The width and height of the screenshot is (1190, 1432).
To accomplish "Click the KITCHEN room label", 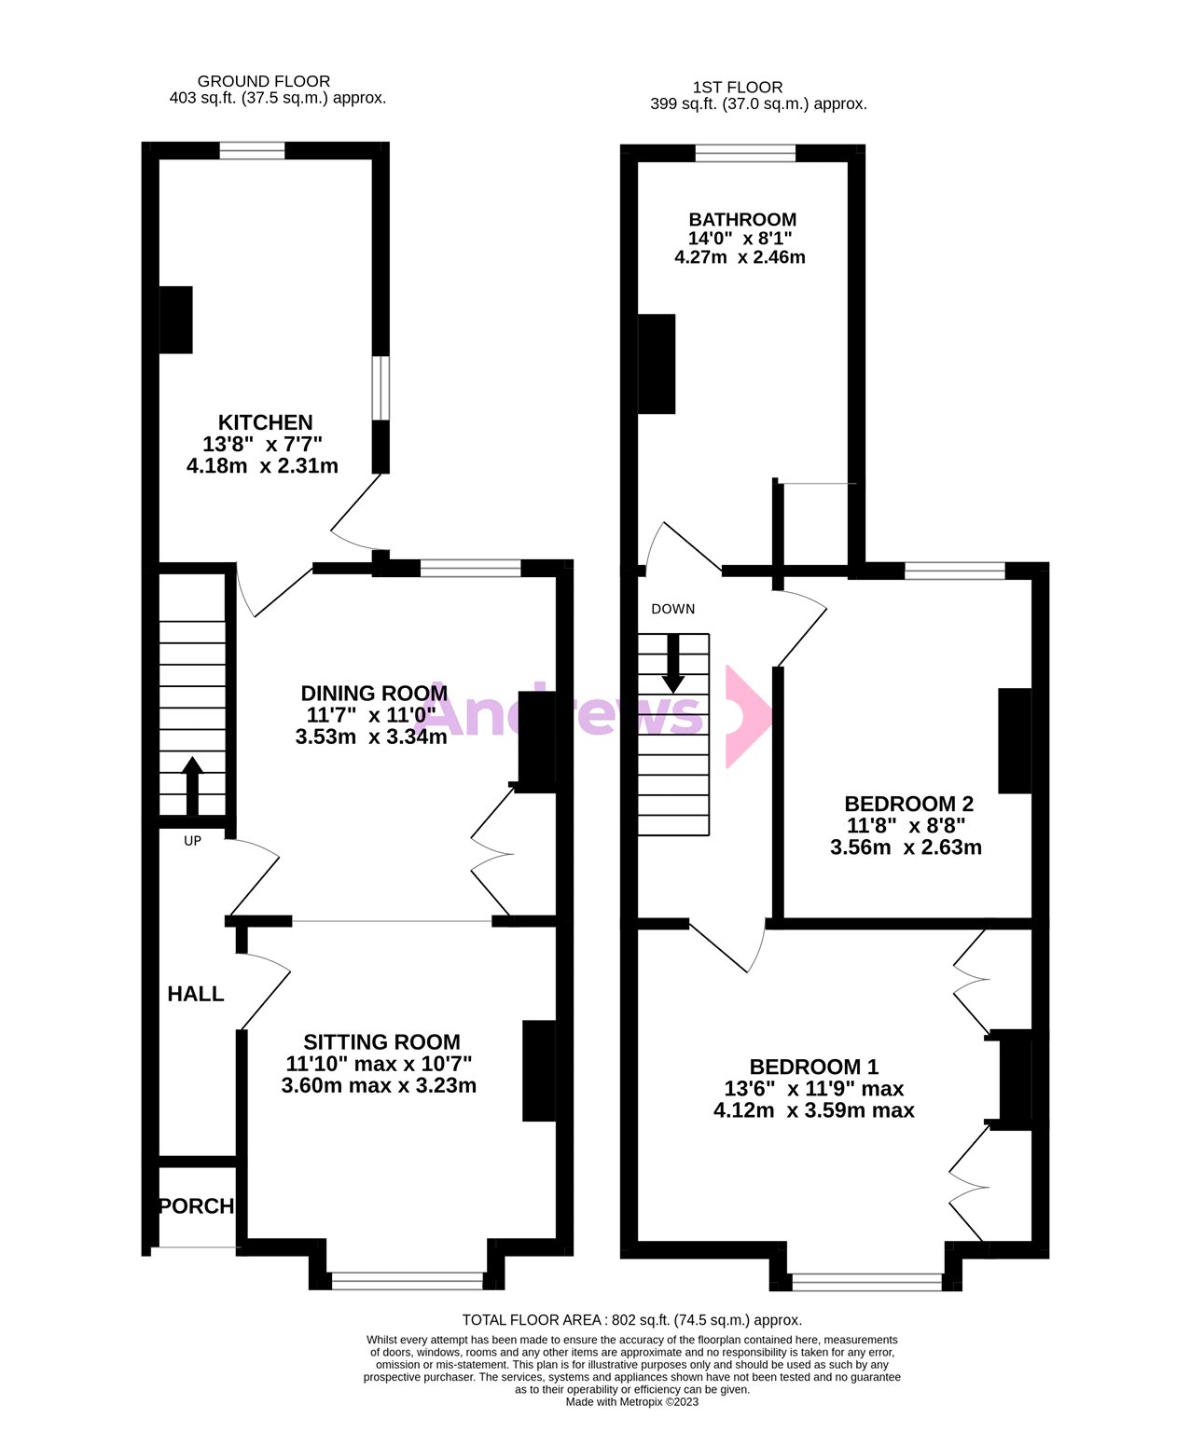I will pos(265,422).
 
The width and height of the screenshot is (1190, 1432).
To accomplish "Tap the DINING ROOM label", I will pos(374,693).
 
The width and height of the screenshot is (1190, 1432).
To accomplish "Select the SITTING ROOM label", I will pos(381,1042).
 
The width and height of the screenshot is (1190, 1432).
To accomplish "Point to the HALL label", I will pos(196,994).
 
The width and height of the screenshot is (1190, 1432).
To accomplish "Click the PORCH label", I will pos(197,1206).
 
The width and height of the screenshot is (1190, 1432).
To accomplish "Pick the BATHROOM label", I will pos(742,219).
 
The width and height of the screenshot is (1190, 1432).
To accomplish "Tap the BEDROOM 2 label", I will pos(908,804).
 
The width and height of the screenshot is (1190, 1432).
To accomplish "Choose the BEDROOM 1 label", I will pos(814,1067).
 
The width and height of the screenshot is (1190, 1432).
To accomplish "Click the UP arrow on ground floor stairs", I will pos(192,785).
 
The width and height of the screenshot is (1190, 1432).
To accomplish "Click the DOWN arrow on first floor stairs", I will pos(672,663).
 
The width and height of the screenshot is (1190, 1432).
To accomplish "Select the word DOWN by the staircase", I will pos(672,609).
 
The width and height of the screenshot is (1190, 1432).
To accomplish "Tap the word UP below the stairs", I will pos(192,841).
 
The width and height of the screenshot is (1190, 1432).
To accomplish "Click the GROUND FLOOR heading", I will pos(264,81).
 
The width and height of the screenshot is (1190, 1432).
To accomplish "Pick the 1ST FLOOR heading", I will pos(738,88).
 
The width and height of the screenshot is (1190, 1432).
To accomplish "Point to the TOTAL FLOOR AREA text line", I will pos(631,1320).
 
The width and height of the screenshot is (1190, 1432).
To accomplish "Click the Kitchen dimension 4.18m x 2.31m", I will pos(262,465).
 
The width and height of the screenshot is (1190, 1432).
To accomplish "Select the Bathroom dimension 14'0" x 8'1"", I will pos(741,238).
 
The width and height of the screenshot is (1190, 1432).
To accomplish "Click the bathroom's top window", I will pos(745,153).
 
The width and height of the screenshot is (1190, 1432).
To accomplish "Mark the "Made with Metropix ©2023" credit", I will pos(631,1401).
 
